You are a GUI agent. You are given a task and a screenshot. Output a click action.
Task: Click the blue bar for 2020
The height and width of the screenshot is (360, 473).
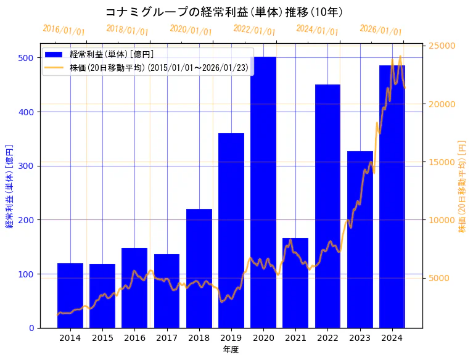263,192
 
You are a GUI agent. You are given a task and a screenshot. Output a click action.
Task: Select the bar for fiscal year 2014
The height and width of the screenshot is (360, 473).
70,295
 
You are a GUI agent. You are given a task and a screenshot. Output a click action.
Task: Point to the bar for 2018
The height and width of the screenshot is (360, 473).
199,268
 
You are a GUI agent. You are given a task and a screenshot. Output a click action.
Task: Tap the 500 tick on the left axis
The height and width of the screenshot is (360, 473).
27,58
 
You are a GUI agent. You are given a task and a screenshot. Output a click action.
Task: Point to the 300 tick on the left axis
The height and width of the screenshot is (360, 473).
27,166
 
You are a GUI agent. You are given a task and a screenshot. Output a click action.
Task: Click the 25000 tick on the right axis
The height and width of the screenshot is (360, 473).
441,46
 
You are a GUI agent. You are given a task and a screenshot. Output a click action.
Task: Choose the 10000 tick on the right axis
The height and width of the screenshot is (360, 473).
441,220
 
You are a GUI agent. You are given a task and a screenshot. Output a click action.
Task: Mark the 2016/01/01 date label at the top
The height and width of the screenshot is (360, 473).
64,30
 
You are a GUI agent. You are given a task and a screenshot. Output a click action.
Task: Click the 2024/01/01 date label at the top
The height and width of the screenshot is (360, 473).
317,30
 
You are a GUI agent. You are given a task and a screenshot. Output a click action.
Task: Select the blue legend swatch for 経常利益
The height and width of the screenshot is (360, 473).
56,54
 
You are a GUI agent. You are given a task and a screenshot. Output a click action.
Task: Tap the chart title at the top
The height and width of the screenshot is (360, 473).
224,12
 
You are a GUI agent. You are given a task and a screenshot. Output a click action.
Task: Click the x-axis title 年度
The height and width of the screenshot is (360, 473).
231,350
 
